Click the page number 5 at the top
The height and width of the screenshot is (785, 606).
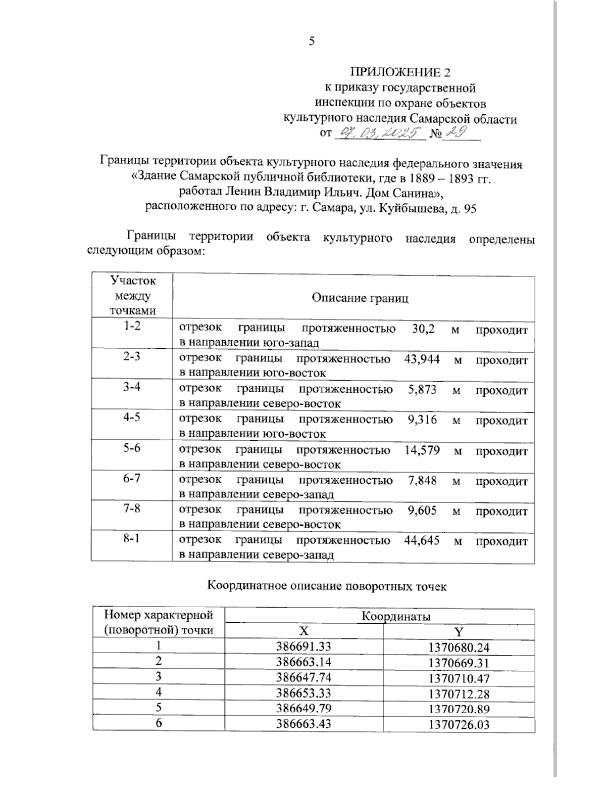click(x=312, y=41)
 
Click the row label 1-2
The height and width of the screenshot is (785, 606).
click(x=131, y=327)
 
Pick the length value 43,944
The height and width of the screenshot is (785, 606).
click(x=422, y=359)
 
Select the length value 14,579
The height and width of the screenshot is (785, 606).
click(x=422, y=450)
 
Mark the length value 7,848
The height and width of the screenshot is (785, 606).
click(x=422, y=480)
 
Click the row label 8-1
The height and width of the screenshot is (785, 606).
click(x=131, y=539)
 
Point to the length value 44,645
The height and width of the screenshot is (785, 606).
click(x=422, y=540)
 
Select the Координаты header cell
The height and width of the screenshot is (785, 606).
click(x=395, y=616)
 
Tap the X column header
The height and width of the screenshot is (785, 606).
click(x=302, y=631)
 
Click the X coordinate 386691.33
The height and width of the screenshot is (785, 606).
click(x=303, y=647)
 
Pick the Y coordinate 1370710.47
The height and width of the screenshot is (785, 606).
click(x=459, y=678)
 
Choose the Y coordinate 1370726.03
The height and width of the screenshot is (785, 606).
click(x=459, y=724)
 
